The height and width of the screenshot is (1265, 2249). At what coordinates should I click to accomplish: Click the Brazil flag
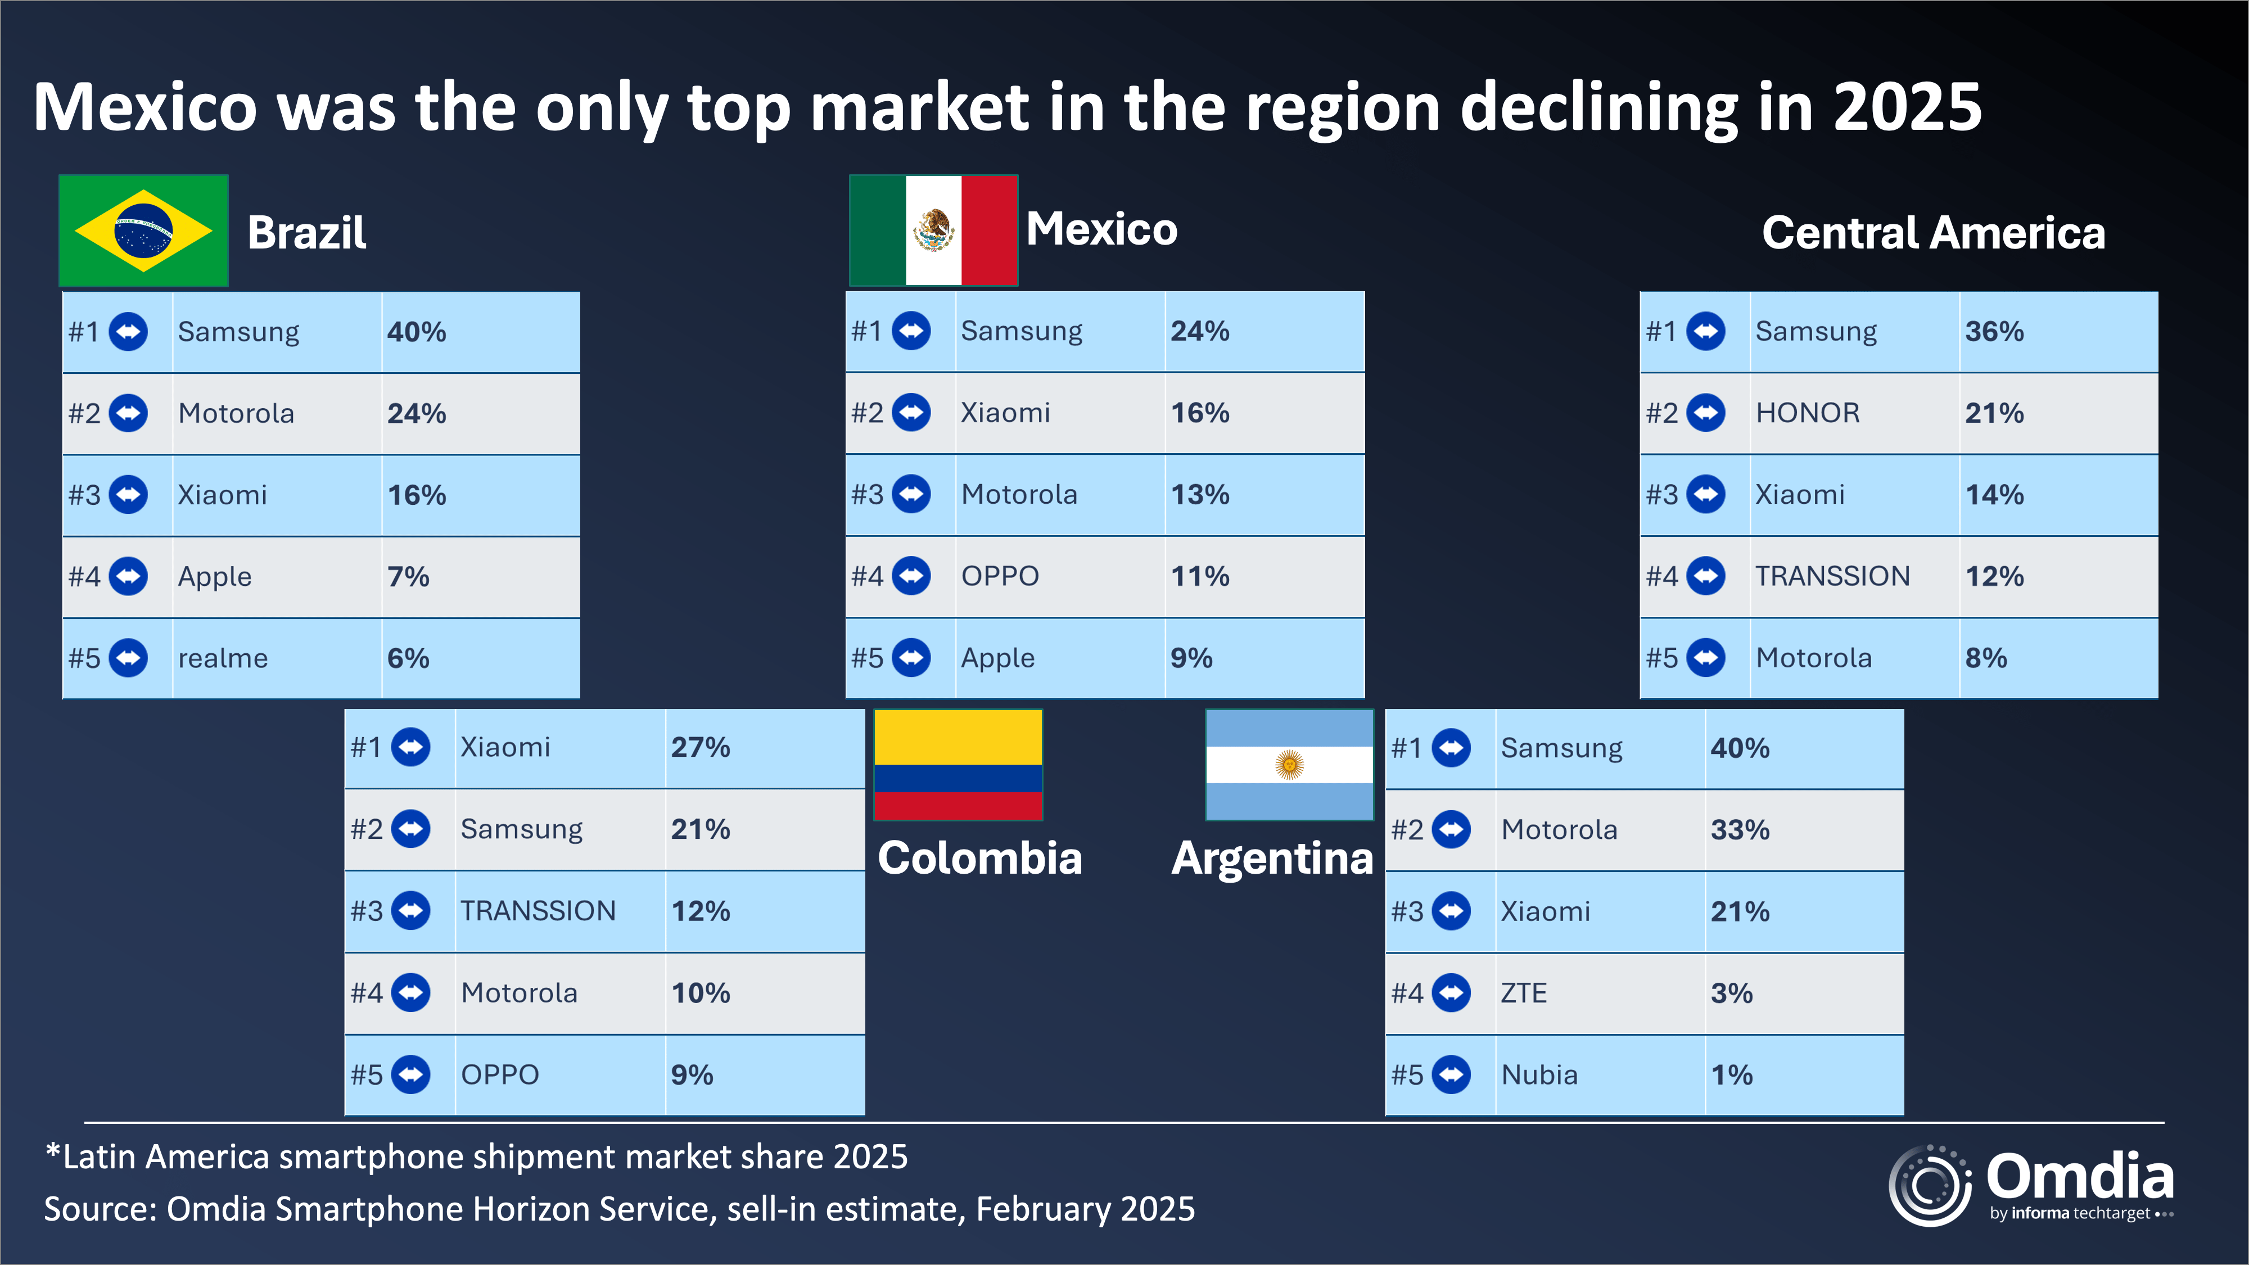click(x=143, y=231)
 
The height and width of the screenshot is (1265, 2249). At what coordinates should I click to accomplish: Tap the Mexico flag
click(x=933, y=231)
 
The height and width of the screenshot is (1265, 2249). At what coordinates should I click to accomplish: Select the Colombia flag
click(x=958, y=765)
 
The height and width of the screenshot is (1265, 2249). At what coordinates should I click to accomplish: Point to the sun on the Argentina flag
click(x=1289, y=765)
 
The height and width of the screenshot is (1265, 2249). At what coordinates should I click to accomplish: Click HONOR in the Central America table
click(x=1807, y=413)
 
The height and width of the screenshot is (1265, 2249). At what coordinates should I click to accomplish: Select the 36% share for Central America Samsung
click(x=1994, y=332)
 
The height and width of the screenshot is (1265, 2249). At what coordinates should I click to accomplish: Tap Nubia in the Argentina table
click(x=1539, y=1074)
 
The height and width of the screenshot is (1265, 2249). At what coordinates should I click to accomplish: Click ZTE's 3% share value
click(x=1731, y=993)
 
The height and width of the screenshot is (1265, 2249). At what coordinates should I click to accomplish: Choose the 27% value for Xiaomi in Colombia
click(x=700, y=747)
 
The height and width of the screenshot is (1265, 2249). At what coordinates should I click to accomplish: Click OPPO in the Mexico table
click(x=1000, y=576)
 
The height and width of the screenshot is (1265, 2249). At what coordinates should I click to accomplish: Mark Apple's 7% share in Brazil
click(x=408, y=577)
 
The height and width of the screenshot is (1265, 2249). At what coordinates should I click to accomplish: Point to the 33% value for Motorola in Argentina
click(x=1739, y=829)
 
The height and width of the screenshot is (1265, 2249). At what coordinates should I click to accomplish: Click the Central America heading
click(x=1933, y=233)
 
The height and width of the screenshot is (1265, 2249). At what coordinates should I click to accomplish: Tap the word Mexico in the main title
click(x=145, y=107)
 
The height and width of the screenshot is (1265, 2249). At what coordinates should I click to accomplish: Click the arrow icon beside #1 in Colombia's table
click(x=410, y=747)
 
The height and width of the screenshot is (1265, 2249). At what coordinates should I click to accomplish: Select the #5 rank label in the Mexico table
click(x=867, y=658)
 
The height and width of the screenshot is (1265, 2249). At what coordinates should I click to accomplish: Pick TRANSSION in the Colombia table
click(x=538, y=911)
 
